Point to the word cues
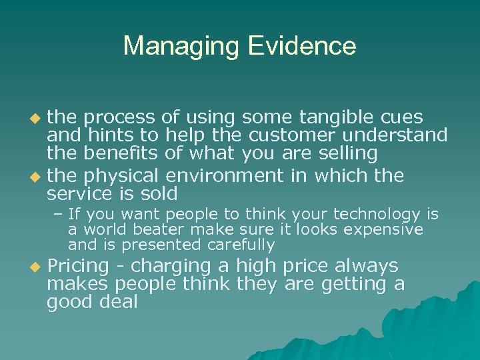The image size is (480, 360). [x=399, y=118]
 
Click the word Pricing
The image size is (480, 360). [x=77, y=267]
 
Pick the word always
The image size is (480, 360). [x=367, y=267]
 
